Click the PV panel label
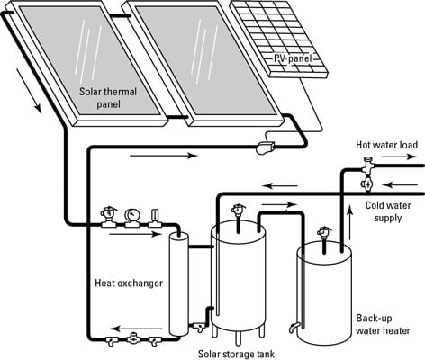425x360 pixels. [x=292, y=58]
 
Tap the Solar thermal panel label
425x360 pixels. [x=108, y=98]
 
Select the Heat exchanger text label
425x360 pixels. [x=129, y=283]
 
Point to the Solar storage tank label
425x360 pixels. [x=236, y=354]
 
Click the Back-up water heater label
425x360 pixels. [x=383, y=324]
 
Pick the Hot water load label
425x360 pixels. [x=386, y=145]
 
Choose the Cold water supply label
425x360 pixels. [x=388, y=211]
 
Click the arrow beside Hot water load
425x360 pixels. [x=400, y=157]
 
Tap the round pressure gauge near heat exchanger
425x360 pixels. [x=132, y=215]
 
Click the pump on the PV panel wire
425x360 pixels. [x=265, y=148]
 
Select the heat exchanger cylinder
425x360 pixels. [x=178, y=283]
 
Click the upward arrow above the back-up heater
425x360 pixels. [x=349, y=222]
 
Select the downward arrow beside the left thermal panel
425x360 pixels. [x=29, y=91]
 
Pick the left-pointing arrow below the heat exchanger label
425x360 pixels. [x=137, y=329]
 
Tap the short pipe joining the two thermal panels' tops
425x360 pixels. [x=119, y=16]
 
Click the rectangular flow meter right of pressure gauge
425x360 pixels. [x=155, y=217]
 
